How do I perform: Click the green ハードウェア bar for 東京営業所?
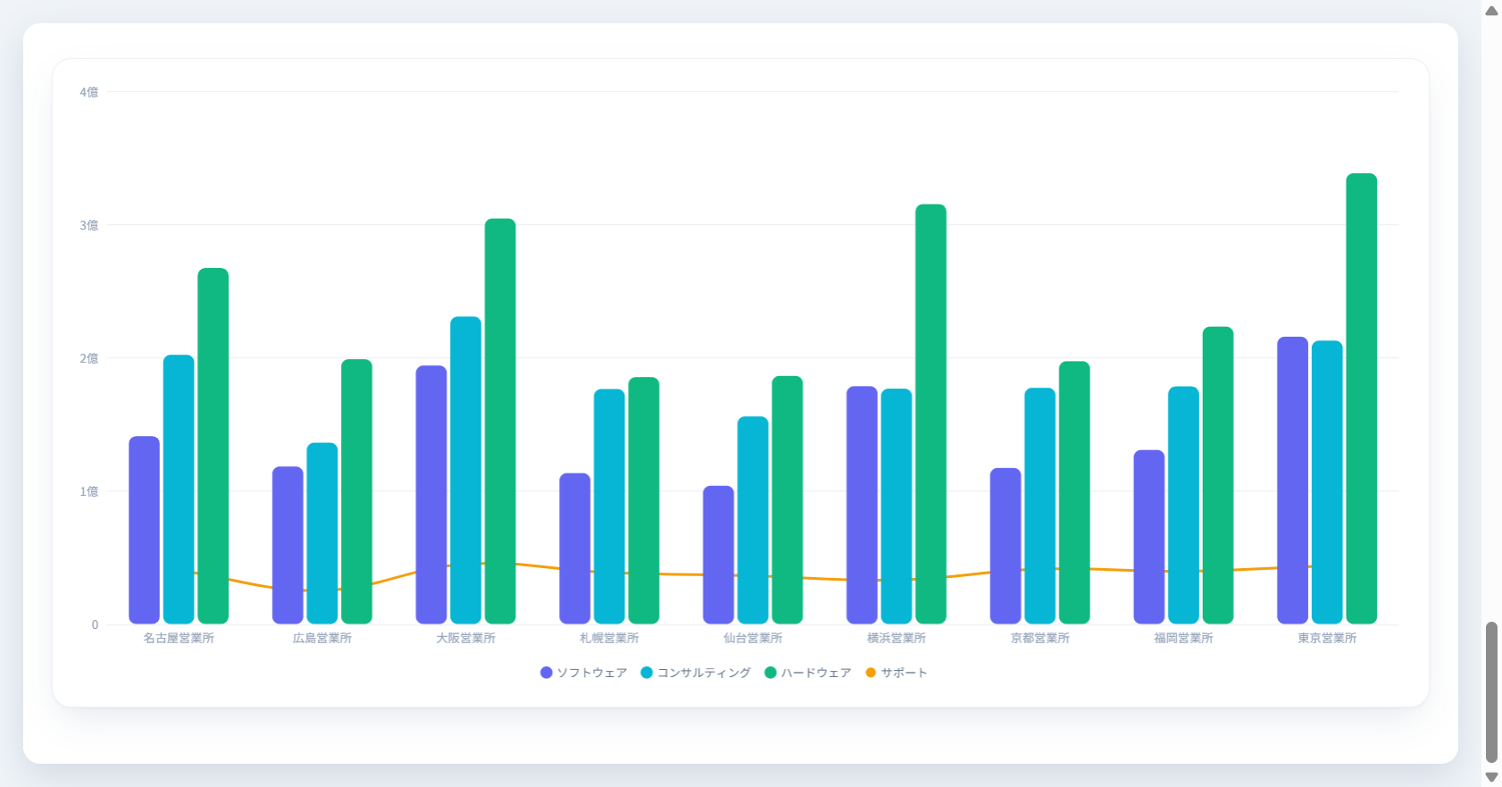1361,398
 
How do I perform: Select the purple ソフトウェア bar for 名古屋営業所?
144,530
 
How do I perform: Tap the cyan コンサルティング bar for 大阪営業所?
465,470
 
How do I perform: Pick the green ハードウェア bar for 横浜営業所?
930,414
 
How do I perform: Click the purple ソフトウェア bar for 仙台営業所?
718,555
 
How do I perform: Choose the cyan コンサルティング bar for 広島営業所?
321,533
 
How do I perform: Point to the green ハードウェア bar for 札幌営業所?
644,500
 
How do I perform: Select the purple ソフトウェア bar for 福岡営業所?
1149,537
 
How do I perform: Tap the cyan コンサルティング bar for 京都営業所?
1040,506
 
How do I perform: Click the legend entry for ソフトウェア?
584,673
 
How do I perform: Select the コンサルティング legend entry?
696,673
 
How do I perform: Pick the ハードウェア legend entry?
808,673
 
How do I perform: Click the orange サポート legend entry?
897,673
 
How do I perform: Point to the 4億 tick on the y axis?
89,92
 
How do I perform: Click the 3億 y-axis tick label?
89,225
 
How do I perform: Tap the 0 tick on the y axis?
95,624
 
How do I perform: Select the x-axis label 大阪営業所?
465,638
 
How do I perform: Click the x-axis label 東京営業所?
1327,638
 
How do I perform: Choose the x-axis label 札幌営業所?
609,638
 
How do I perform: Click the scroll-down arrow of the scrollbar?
1491,777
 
